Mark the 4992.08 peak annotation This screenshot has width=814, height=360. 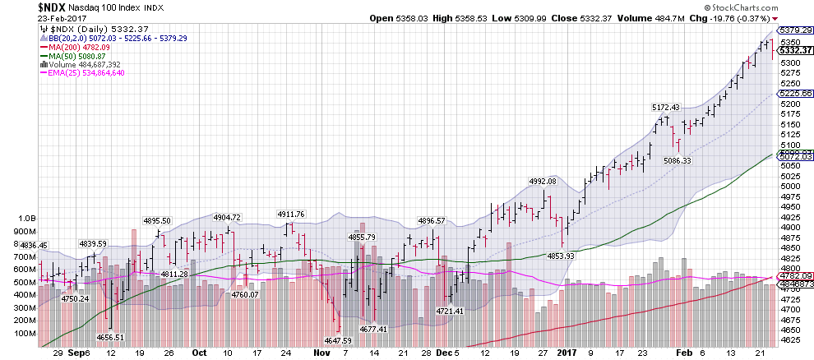542,181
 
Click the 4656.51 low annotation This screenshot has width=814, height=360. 110,337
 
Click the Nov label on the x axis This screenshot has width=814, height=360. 320,351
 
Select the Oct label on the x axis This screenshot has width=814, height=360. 199,351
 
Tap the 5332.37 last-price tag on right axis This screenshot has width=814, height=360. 790,50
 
